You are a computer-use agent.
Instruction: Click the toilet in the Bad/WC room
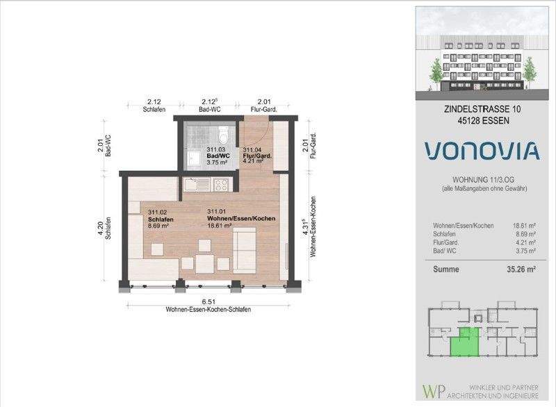(x=224, y=133)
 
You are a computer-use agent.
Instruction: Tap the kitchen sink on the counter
(x=197, y=184)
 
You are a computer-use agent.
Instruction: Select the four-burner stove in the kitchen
(x=221, y=184)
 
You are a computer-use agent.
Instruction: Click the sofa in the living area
(x=245, y=251)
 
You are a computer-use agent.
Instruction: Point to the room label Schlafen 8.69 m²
(x=161, y=219)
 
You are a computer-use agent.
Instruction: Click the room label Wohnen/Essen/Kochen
(x=241, y=218)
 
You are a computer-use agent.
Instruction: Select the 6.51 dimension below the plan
(x=209, y=302)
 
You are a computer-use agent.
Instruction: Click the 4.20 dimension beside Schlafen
(x=100, y=229)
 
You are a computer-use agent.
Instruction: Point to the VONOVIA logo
(x=482, y=151)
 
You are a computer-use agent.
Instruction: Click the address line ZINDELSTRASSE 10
(x=482, y=109)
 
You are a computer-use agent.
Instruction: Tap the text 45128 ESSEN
(x=483, y=120)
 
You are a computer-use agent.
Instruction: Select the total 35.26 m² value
(x=521, y=269)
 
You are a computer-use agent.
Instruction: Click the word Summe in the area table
(x=446, y=269)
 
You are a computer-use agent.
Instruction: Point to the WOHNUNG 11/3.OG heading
(x=483, y=180)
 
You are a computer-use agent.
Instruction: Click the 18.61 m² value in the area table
(x=524, y=226)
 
